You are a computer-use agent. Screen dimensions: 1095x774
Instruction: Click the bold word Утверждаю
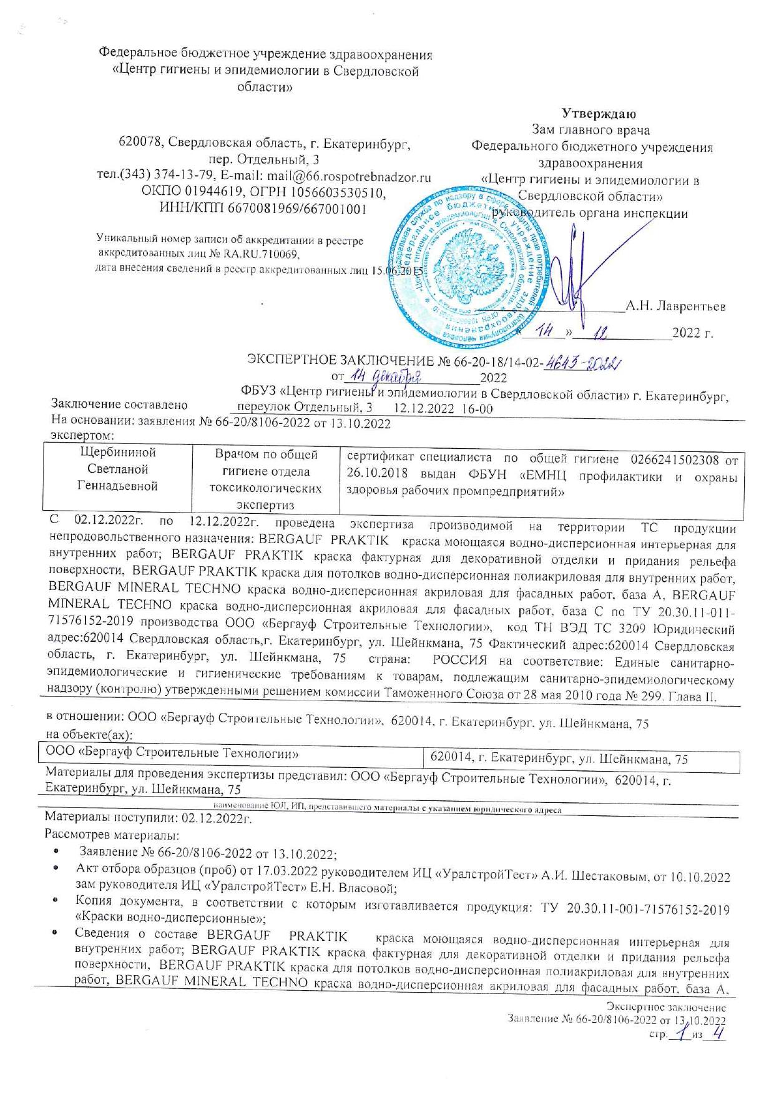598,114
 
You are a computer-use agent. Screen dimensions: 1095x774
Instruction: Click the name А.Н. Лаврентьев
675,307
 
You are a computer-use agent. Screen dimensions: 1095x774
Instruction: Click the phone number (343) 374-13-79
165,177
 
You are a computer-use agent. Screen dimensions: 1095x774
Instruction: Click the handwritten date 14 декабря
386,376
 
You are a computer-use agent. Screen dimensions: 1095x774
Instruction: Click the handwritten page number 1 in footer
680,1034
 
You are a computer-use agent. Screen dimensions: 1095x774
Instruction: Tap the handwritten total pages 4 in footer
718,1034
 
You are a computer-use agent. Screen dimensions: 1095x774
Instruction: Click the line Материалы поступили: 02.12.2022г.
148,818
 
